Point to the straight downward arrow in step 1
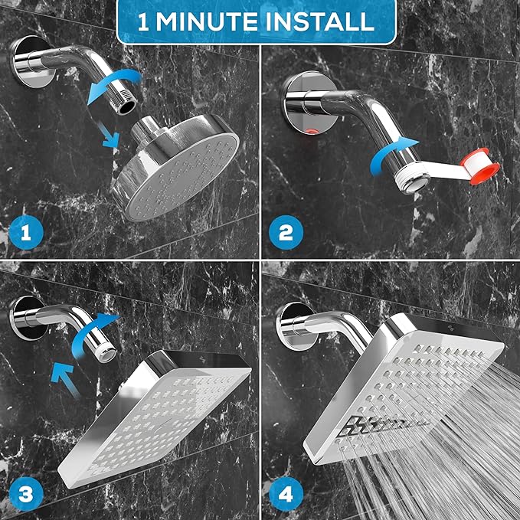pyautogui.click(x=107, y=135)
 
